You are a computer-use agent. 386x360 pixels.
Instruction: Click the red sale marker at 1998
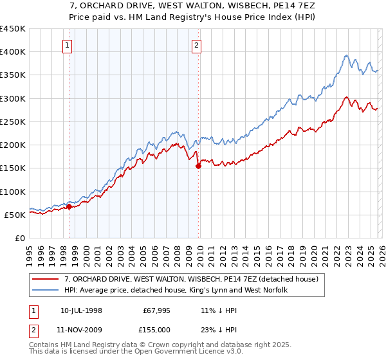point(69,206)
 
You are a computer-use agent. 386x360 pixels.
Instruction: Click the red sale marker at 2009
point(198,166)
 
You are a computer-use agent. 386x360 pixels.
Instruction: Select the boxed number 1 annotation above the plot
point(68,45)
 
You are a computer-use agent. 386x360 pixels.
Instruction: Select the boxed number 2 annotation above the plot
point(196,45)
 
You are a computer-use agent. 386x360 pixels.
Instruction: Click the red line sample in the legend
point(46,279)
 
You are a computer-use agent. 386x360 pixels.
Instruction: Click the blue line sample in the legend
point(46,291)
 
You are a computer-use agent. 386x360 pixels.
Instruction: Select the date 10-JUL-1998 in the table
point(81,310)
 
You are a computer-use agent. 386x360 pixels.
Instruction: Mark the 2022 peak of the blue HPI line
point(346,55)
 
